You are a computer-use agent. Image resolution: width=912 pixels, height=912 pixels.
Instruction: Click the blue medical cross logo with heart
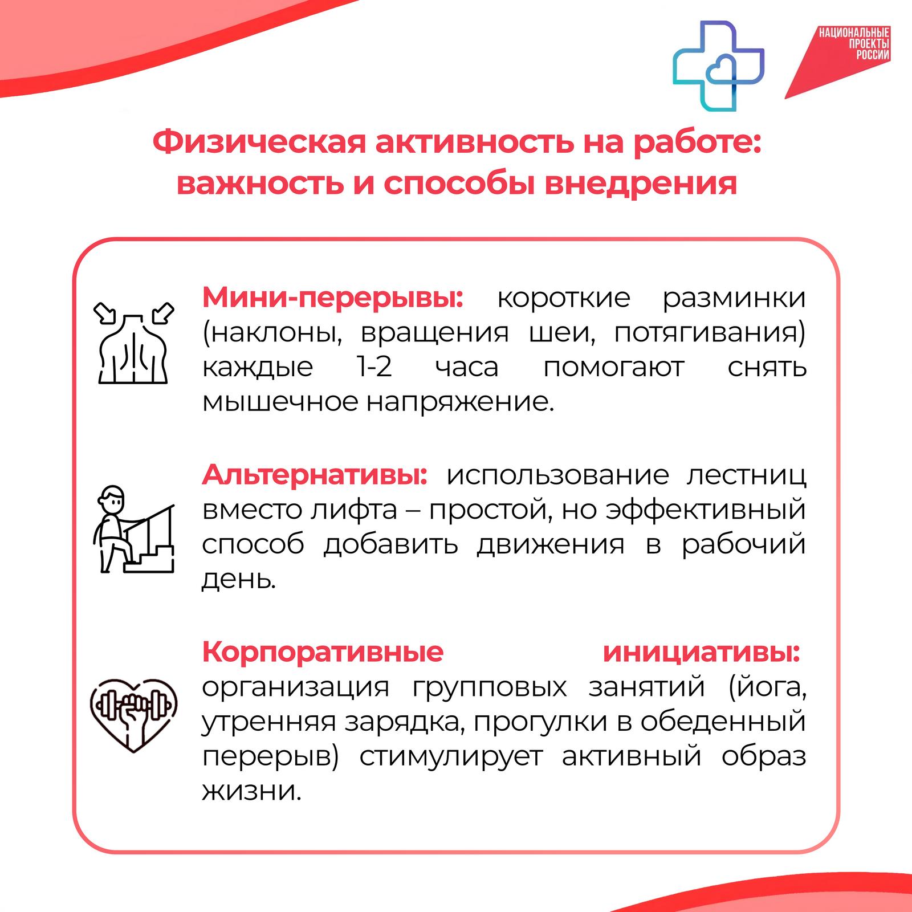[x=718, y=66]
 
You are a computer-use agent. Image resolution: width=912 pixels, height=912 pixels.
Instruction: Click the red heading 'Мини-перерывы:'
[x=333, y=298]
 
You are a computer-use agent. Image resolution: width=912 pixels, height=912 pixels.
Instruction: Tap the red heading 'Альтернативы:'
[x=315, y=475]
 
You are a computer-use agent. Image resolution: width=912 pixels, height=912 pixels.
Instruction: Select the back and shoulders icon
[x=133, y=343]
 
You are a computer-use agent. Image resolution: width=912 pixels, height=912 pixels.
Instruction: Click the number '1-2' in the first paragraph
[x=374, y=368]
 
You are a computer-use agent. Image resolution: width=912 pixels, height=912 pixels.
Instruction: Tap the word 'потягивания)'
[x=710, y=333]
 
